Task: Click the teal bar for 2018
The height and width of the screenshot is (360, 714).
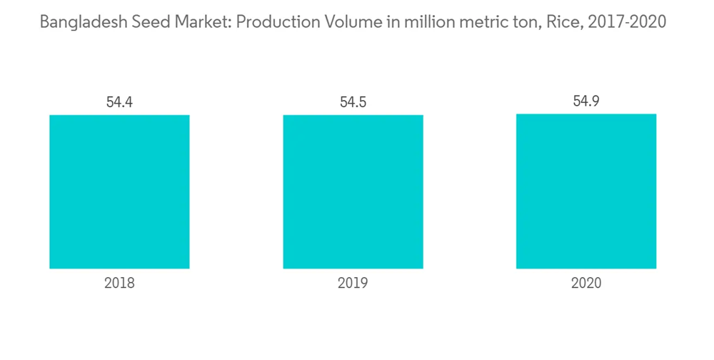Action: [119, 191]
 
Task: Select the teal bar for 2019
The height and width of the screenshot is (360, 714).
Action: [353, 191]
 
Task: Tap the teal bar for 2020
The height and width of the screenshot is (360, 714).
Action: [586, 191]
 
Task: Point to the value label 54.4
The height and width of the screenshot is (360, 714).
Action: [119, 102]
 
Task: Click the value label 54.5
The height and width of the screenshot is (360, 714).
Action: [353, 102]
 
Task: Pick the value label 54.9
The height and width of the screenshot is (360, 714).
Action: [586, 101]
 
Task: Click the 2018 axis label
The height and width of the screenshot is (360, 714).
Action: [119, 284]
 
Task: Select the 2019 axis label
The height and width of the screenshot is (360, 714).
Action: [353, 284]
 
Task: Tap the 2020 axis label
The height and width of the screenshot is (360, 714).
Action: [586, 284]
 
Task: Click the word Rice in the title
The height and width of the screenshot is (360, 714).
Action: [555, 22]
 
